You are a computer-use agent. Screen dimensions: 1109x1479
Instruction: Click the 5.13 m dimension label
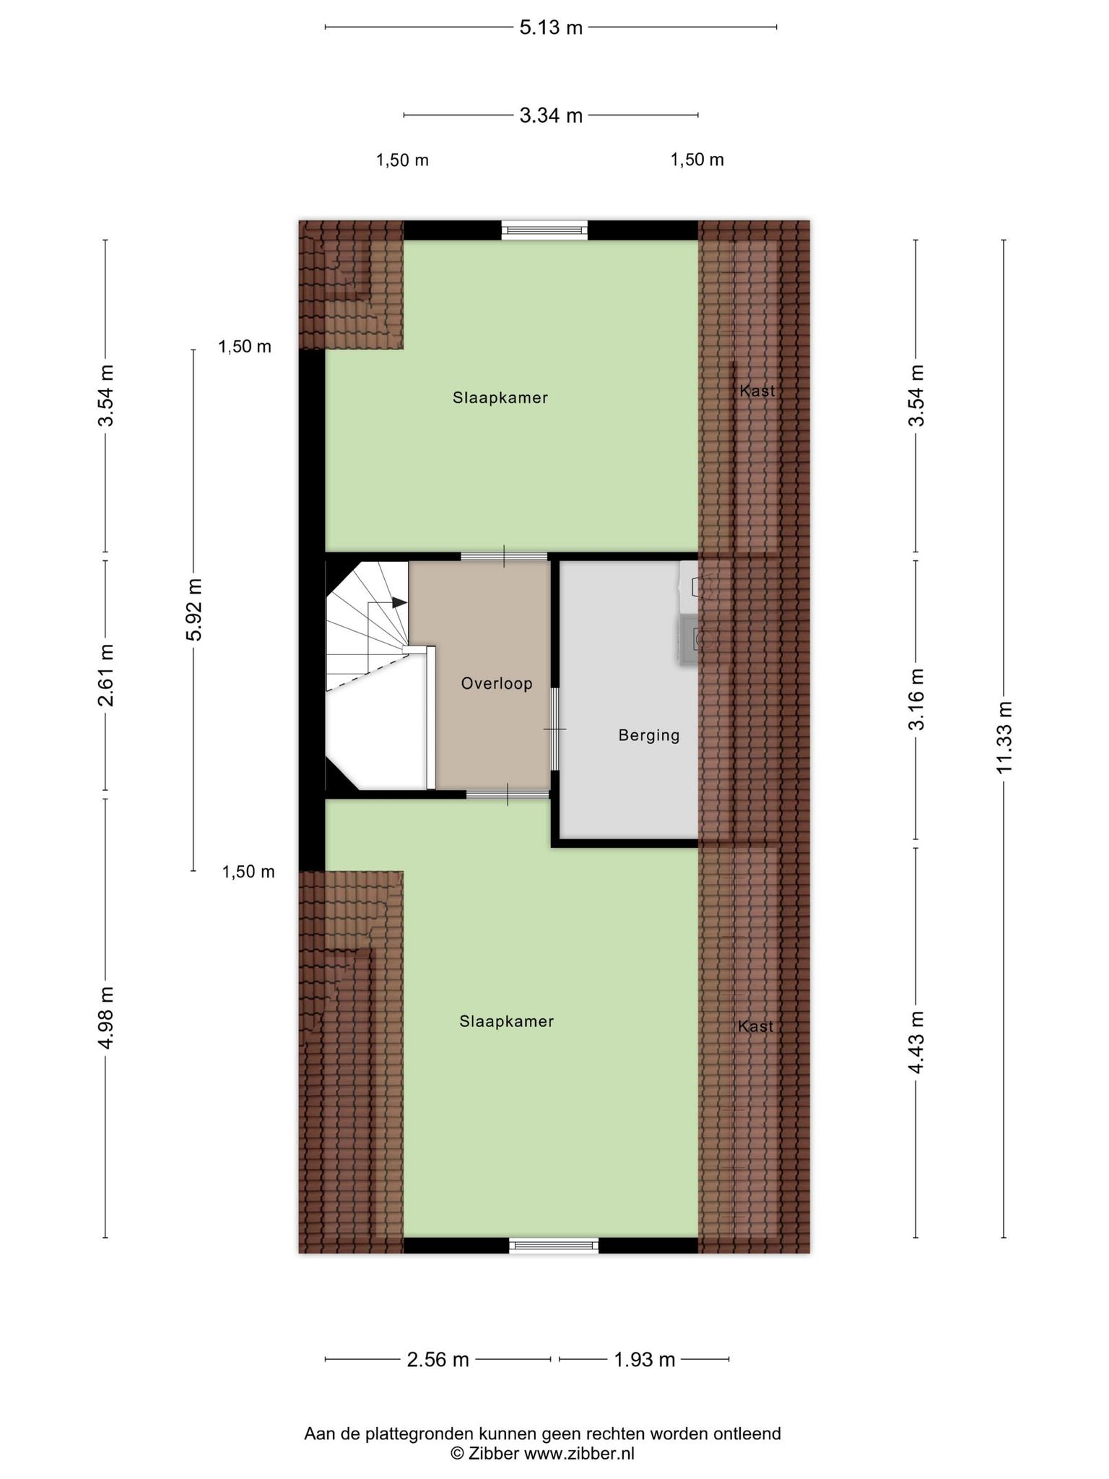(551, 27)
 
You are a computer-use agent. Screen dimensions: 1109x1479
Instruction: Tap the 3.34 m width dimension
(551, 115)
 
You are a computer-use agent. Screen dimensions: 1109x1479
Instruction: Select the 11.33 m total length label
(1004, 737)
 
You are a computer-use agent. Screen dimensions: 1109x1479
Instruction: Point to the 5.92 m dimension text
(193, 610)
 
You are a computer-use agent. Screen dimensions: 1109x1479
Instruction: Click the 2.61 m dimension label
(106, 676)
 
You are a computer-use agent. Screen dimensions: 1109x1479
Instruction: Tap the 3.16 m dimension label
(916, 700)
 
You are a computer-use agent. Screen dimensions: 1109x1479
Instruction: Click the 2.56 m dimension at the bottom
(438, 1360)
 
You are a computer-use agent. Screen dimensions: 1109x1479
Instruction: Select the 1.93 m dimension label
(644, 1360)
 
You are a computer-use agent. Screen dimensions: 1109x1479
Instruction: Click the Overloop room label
(497, 683)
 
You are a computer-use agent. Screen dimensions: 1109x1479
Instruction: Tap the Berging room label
(649, 735)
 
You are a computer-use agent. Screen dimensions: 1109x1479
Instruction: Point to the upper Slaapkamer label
(500, 398)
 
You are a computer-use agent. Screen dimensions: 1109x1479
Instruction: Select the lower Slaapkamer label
(506, 1021)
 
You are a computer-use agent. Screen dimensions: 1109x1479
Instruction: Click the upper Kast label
(757, 391)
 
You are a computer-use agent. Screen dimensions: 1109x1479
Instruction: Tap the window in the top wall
(545, 230)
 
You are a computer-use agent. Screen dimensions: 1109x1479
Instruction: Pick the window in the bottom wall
(554, 1244)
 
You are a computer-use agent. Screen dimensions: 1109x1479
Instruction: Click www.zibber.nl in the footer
(579, 1454)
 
